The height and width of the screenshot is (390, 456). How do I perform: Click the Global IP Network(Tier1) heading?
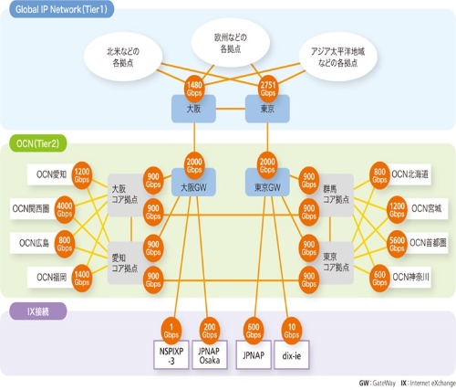pyautogui.click(x=61, y=7)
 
